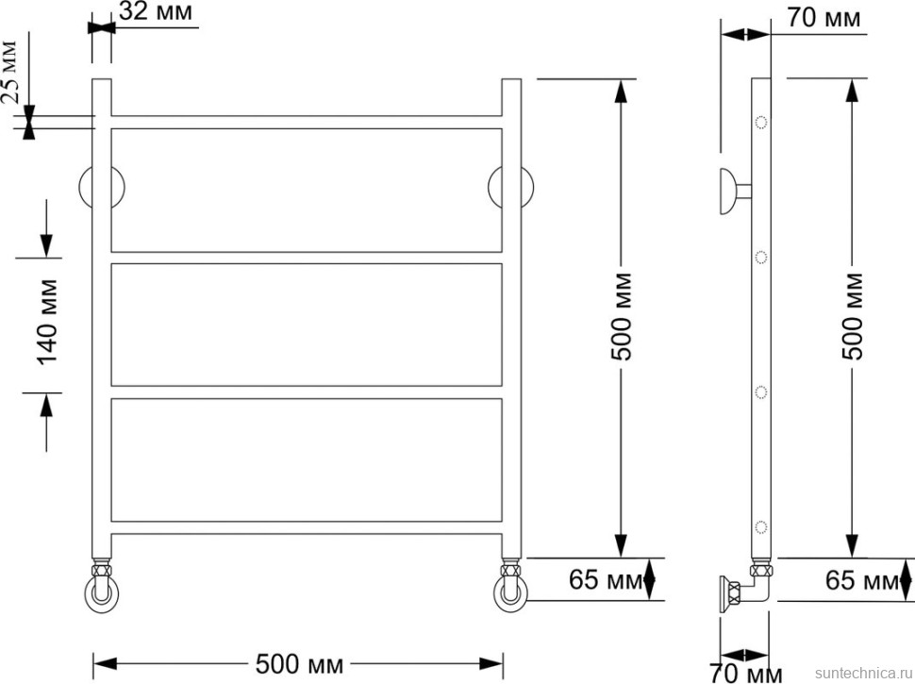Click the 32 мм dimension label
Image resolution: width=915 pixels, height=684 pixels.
(x=156, y=11)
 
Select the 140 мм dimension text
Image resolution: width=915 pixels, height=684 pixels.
(x=48, y=322)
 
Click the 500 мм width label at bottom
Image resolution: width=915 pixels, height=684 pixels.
(x=299, y=664)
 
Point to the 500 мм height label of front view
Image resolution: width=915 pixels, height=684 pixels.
(x=622, y=316)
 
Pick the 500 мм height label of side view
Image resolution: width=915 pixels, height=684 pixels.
(x=853, y=316)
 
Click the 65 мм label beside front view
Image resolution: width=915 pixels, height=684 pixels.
(x=605, y=580)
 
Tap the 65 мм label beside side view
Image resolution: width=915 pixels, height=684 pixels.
(x=861, y=580)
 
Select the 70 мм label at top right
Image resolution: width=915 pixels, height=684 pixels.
(x=823, y=18)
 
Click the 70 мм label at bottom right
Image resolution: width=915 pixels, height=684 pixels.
(x=745, y=674)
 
